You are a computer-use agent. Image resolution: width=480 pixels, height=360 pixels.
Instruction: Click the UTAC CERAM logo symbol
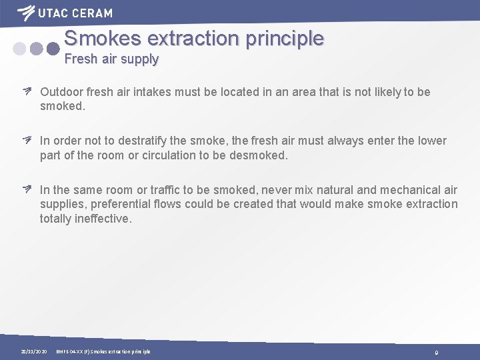pyautogui.click(x=26, y=13)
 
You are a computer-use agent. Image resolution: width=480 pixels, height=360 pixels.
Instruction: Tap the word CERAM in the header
pyautogui.click(x=93, y=13)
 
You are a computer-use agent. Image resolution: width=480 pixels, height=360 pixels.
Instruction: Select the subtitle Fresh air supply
pyautogui.click(x=111, y=59)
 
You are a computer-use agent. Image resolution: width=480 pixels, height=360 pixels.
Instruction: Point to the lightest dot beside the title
pyautogui.click(x=20, y=49)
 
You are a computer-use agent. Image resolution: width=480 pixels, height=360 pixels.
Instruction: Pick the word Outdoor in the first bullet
pyautogui.click(x=61, y=92)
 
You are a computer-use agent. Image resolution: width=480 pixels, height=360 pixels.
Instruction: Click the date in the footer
pyautogui.click(x=33, y=351)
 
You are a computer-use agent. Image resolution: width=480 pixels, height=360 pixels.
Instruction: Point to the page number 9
pyautogui.click(x=436, y=352)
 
